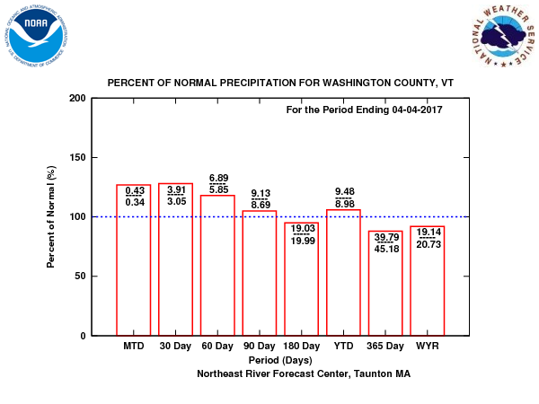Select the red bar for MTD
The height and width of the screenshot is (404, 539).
pos(134,269)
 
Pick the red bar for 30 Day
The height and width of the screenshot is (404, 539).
pos(175,269)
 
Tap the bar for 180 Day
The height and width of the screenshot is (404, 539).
pos(302,287)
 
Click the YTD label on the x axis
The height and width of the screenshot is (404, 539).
pos(343,346)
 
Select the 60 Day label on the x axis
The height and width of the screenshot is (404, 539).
pos(217,346)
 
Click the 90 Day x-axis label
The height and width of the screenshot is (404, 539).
pos(260,346)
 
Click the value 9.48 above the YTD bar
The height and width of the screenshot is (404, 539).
pos(344,191)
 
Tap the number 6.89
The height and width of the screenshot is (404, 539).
pos(218,179)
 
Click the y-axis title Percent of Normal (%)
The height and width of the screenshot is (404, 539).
pos(52,216)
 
